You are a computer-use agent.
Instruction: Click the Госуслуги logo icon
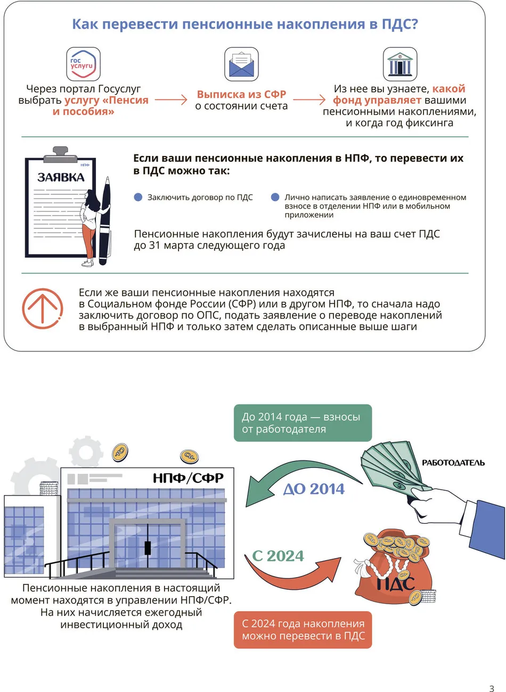(83, 64)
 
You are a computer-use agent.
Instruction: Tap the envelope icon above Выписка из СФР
(241, 64)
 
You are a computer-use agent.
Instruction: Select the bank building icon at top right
(399, 64)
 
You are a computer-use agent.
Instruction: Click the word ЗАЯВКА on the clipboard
(61, 178)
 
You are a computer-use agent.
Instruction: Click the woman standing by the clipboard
(89, 226)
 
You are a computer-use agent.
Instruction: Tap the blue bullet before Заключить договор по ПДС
(138, 197)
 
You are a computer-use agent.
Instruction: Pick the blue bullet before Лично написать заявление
(275, 197)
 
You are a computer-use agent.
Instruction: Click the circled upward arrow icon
(43, 308)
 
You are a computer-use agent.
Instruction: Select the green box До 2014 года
(303, 423)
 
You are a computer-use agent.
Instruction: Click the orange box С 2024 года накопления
(303, 630)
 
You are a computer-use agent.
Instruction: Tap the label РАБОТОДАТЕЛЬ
(453, 463)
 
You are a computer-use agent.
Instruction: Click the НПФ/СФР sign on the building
(188, 478)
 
